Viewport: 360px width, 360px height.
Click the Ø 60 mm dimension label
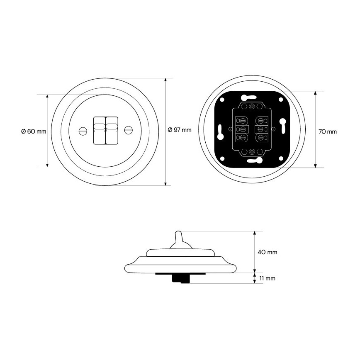click(x=34, y=131)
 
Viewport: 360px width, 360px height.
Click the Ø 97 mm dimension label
click(x=180, y=130)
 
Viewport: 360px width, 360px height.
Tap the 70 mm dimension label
click(x=328, y=131)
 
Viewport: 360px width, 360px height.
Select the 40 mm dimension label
click(x=267, y=252)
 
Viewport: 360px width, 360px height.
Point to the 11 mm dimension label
click(x=267, y=278)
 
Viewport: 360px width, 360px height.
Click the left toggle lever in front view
click(x=99, y=130)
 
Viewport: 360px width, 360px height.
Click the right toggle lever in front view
click(x=112, y=130)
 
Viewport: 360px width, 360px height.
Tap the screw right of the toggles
click(x=129, y=130)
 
